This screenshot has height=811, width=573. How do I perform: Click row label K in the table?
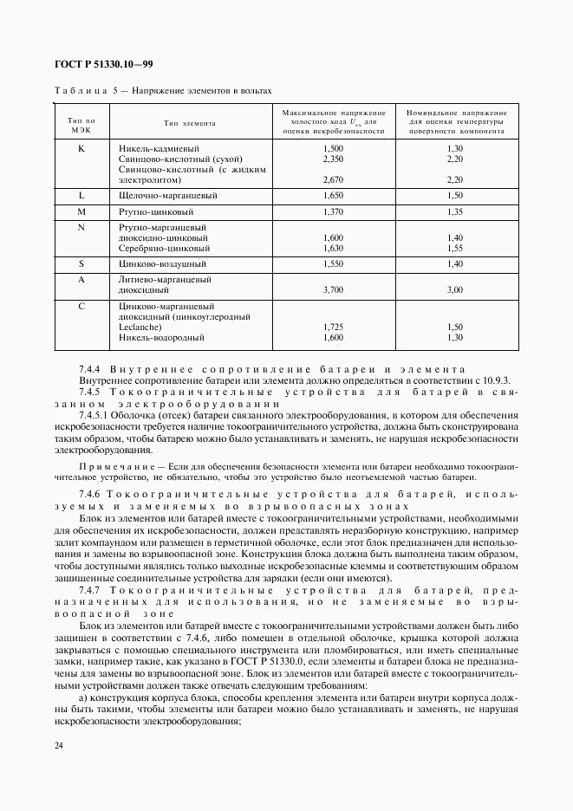(x=81, y=149)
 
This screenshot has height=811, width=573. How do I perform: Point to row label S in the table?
(x=81, y=263)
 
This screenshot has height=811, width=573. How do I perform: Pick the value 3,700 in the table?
(x=333, y=291)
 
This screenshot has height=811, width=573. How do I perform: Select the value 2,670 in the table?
(x=333, y=180)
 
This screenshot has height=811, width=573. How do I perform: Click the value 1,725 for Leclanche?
(x=333, y=328)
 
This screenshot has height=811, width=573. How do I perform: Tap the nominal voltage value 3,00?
(x=455, y=291)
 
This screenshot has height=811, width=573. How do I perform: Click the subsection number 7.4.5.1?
(x=97, y=415)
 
